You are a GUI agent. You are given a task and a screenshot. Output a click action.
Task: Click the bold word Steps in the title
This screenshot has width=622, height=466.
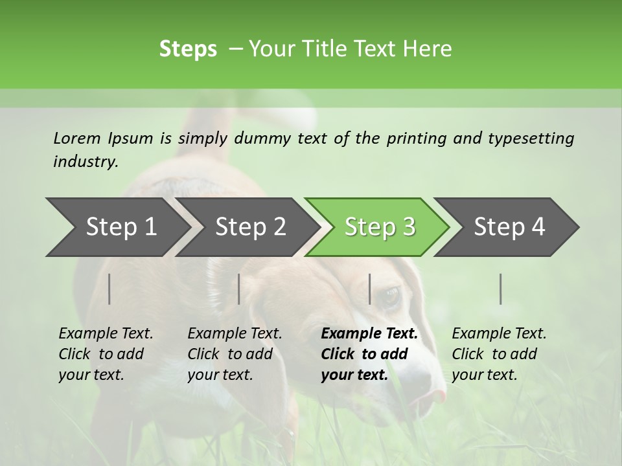188,49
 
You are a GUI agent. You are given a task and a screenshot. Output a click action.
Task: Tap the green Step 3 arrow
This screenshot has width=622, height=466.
380,227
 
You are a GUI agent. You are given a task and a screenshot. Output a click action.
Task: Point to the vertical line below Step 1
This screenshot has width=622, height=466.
109,289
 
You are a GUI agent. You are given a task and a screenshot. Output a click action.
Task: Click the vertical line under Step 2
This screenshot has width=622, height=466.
239,289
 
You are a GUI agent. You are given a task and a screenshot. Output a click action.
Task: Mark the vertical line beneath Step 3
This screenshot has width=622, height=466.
370,289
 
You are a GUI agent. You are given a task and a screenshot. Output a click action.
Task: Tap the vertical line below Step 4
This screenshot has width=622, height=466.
501,289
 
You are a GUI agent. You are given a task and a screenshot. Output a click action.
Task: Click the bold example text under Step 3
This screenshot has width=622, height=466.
369,354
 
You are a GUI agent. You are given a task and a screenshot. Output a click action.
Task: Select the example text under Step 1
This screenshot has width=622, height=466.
106,354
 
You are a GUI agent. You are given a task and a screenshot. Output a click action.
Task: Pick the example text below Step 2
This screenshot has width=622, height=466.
235,354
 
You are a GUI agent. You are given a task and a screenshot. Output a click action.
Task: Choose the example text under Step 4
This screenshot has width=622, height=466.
499,354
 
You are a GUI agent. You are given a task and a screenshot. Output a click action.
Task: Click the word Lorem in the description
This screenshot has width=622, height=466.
77,138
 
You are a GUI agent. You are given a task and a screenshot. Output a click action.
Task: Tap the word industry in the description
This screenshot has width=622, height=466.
85,161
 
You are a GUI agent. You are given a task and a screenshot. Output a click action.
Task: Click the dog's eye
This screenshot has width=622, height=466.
391,296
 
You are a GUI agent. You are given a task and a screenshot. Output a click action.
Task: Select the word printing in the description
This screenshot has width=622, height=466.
417,138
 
